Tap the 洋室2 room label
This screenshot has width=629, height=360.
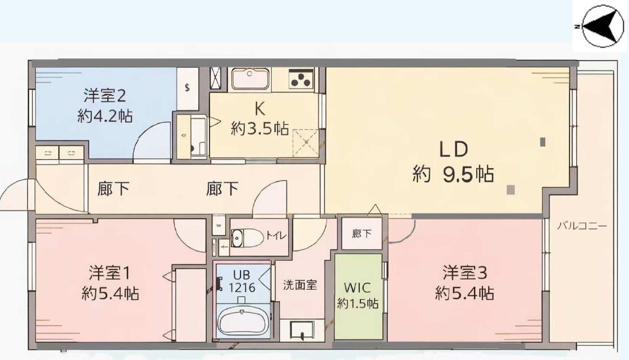click(105, 96)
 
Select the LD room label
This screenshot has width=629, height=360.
click(454, 149)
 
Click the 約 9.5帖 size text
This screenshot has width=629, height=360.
click(453, 174)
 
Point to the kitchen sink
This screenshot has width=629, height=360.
click(250, 79)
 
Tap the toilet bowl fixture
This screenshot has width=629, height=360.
click(247, 238)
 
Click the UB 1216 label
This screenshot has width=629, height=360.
click(242, 281)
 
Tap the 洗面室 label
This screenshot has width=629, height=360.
click(300, 285)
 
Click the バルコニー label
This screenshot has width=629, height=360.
click(582, 226)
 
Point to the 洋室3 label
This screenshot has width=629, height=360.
click(465, 273)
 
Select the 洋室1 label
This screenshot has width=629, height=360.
click(110, 273)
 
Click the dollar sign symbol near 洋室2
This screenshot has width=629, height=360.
click(187, 87)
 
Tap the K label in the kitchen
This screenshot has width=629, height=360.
click(260, 109)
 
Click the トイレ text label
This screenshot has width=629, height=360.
click(276, 235)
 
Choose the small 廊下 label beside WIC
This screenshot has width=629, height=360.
click(362, 234)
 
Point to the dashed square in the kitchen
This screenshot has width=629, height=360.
click(306, 142)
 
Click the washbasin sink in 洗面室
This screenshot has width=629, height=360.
click(302, 330)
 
